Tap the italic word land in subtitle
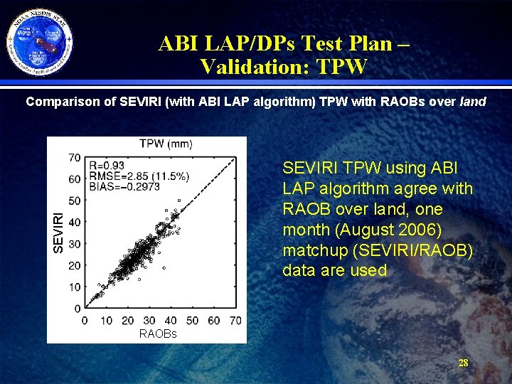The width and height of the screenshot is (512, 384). click(x=473, y=102)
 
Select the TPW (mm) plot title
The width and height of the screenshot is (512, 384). click(x=165, y=144)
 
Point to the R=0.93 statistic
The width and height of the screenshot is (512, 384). click(x=108, y=164)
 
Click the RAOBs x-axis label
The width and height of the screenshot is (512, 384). click(x=158, y=334)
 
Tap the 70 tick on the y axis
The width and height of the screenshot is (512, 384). click(x=74, y=156)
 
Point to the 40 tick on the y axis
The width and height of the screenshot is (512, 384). click(x=74, y=222)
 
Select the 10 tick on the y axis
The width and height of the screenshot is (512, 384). click(x=74, y=287)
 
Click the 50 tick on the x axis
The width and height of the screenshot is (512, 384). click(x=192, y=321)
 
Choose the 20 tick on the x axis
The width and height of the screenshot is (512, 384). click(x=127, y=321)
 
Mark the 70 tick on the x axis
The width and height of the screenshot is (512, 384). click(x=235, y=321)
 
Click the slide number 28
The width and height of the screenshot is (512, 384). click(x=463, y=363)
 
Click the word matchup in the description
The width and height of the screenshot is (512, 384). click(x=313, y=250)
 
